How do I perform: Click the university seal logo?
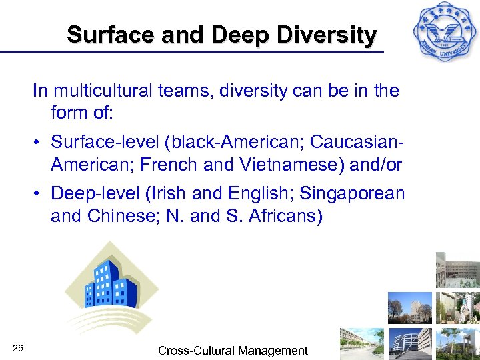(x=443, y=33)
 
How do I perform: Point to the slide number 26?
(x=18, y=349)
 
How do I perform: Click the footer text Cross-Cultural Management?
(x=233, y=351)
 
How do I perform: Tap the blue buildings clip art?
(x=110, y=287)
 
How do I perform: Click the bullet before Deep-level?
(x=41, y=194)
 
